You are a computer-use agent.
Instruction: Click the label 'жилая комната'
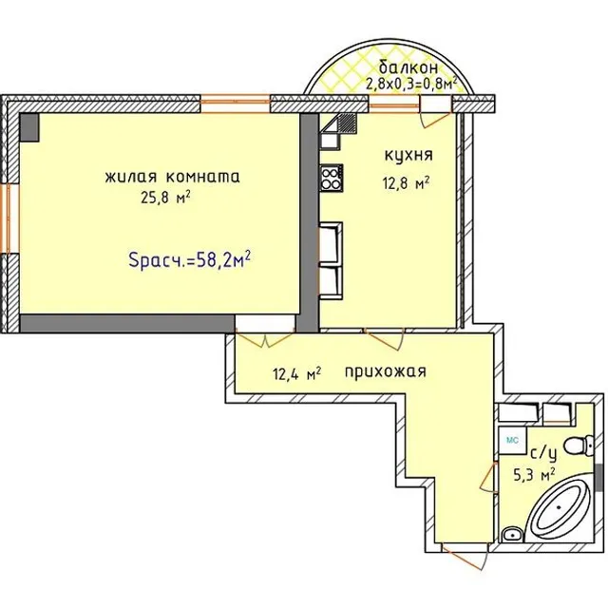(172, 177)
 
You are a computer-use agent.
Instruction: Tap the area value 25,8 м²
(165, 199)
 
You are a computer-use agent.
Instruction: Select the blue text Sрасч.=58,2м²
(189, 259)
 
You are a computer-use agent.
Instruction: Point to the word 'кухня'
(408, 155)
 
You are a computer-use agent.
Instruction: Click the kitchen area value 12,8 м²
(406, 182)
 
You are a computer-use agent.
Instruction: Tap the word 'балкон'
(408, 67)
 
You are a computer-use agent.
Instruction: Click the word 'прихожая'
(386, 371)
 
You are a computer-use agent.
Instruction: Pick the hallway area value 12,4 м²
(297, 374)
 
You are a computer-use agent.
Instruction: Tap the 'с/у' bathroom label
(543, 454)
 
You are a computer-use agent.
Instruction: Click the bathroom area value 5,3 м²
(534, 475)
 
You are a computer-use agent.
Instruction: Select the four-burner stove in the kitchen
(332, 178)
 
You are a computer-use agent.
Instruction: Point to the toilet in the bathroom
(579, 446)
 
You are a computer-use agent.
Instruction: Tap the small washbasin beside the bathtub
(513, 535)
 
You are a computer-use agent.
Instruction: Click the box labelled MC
(513, 441)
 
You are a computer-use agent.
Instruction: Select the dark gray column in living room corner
(29, 127)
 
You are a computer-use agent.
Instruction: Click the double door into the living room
(266, 338)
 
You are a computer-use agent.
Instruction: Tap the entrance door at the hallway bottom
(465, 557)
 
